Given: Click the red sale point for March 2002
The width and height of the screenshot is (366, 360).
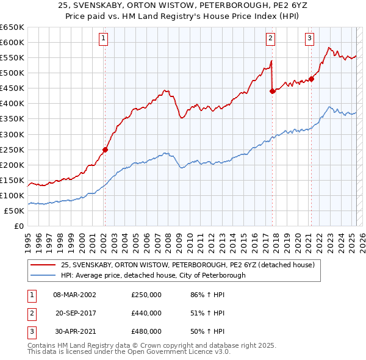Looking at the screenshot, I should pos(105,149).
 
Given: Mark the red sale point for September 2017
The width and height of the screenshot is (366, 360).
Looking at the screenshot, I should pos(272,91).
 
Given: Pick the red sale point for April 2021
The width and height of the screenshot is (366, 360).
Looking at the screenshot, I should pos(311,78).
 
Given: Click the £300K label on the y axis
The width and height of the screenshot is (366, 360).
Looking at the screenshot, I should pos(12,134).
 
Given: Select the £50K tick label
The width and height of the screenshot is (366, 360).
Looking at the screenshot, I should pos(15,211).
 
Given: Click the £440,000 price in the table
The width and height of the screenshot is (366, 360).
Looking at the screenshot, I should pos(146,313).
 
